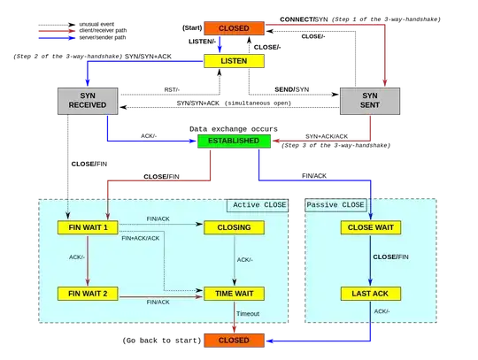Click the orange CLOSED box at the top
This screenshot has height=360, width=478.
coord(235,28)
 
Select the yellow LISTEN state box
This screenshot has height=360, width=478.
coord(235,61)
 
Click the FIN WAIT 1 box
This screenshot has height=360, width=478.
coord(88,227)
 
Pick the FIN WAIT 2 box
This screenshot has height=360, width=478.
coord(88,293)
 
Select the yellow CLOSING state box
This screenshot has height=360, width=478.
coord(234,227)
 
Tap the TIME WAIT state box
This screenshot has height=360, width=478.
coord(234,293)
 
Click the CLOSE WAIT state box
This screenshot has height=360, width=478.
coord(371,227)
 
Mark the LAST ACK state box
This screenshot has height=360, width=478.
coord(371,293)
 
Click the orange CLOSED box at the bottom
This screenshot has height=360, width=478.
coord(235,340)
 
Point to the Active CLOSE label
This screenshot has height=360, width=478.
coord(258,205)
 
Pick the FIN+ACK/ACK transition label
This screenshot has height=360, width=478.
coord(141,238)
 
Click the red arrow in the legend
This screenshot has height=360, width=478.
coord(56,31)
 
